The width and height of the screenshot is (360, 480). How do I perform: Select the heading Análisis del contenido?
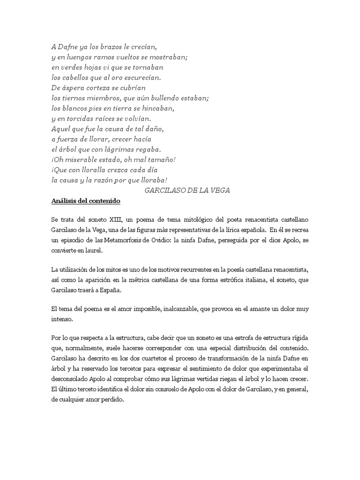[x=86, y=201]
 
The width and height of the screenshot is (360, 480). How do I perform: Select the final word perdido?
[x=111, y=399]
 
